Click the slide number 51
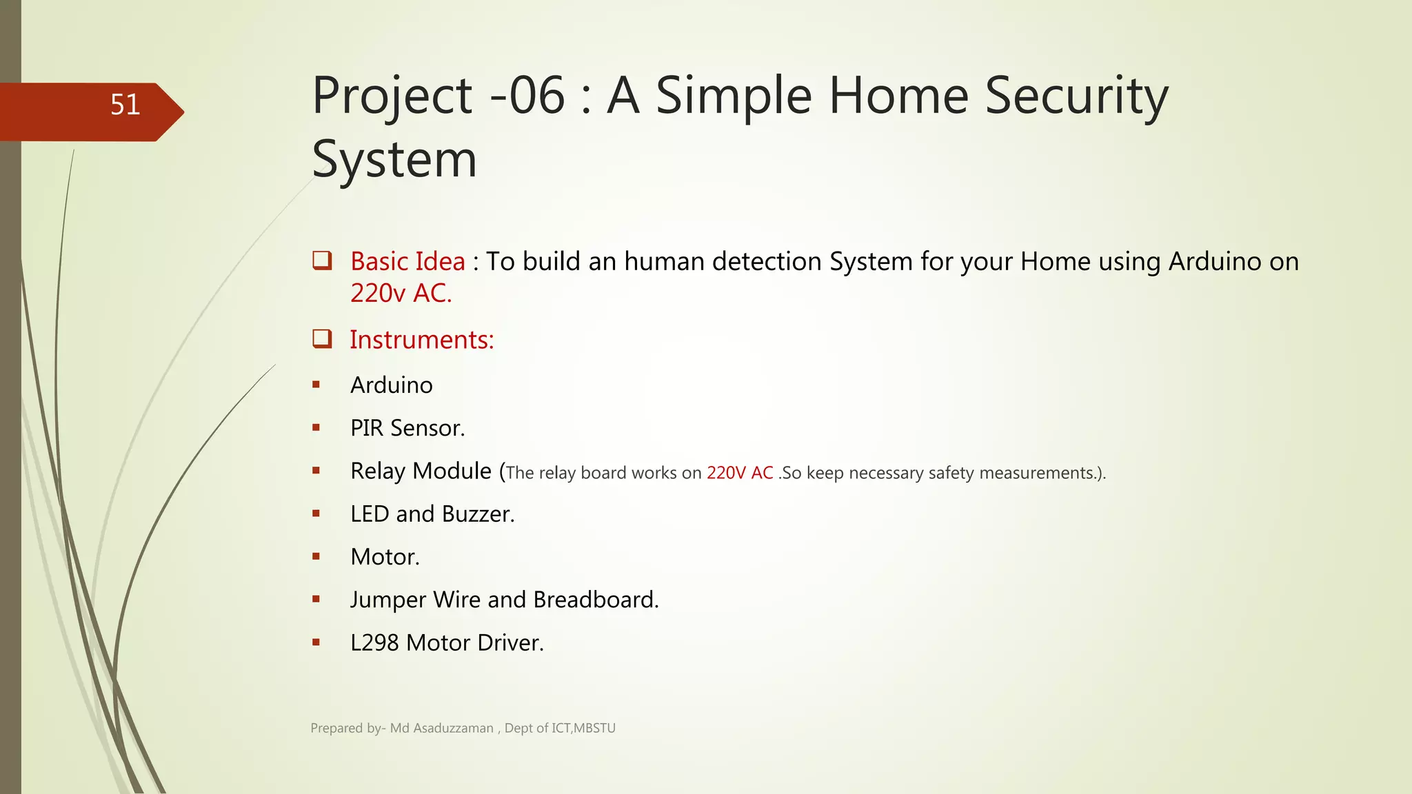(x=125, y=105)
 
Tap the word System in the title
(x=394, y=159)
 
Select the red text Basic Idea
(x=407, y=262)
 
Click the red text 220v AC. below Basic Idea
(x=401, y=294)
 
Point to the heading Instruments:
(x=421, y=340)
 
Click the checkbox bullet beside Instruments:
(x=322, y=338)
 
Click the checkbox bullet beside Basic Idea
(x=322, y=261)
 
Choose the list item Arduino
(x=391, y=385)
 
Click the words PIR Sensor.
(x=407, y=428)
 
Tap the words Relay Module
(x=421, y=471)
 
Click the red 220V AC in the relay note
(x=740, y=474)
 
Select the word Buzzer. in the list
(x=478, y=514)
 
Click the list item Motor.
(x=385, y=557)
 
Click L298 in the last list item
(x=374, y=643)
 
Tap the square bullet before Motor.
(x=316, y=556)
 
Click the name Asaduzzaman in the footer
(x=453, y=729)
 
